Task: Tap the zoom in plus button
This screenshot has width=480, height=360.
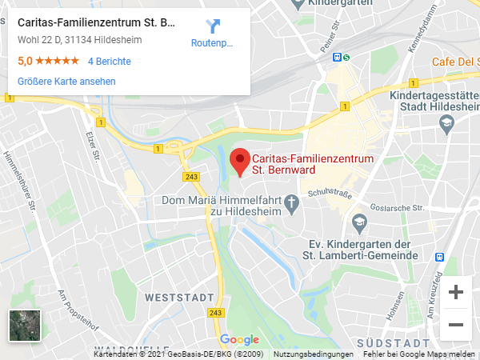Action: pyautogui.click(x=456, y=293)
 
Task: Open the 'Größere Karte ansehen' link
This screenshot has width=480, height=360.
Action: pyautogui.click(x=66, y=82)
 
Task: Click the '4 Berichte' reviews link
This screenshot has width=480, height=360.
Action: pyautogui.click(x=109, y=62)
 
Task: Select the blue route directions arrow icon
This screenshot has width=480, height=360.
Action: pyautogui.click(x=212, y=26)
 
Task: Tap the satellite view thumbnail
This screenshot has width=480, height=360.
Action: pyautogui.click(x=24, y=326)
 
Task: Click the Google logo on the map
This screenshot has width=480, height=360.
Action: pyautogui.click(x=239, y=340)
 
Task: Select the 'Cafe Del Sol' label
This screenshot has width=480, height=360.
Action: pyautogui.click(x=455, y=62)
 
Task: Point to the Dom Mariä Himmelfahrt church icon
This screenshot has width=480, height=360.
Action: pyautogui.click(x=294, y=200)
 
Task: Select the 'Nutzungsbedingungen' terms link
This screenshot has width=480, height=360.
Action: pyautogui.click(x=314, y=354)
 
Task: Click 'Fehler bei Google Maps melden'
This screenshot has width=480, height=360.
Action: pyautogui.click(x=418, y=354)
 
